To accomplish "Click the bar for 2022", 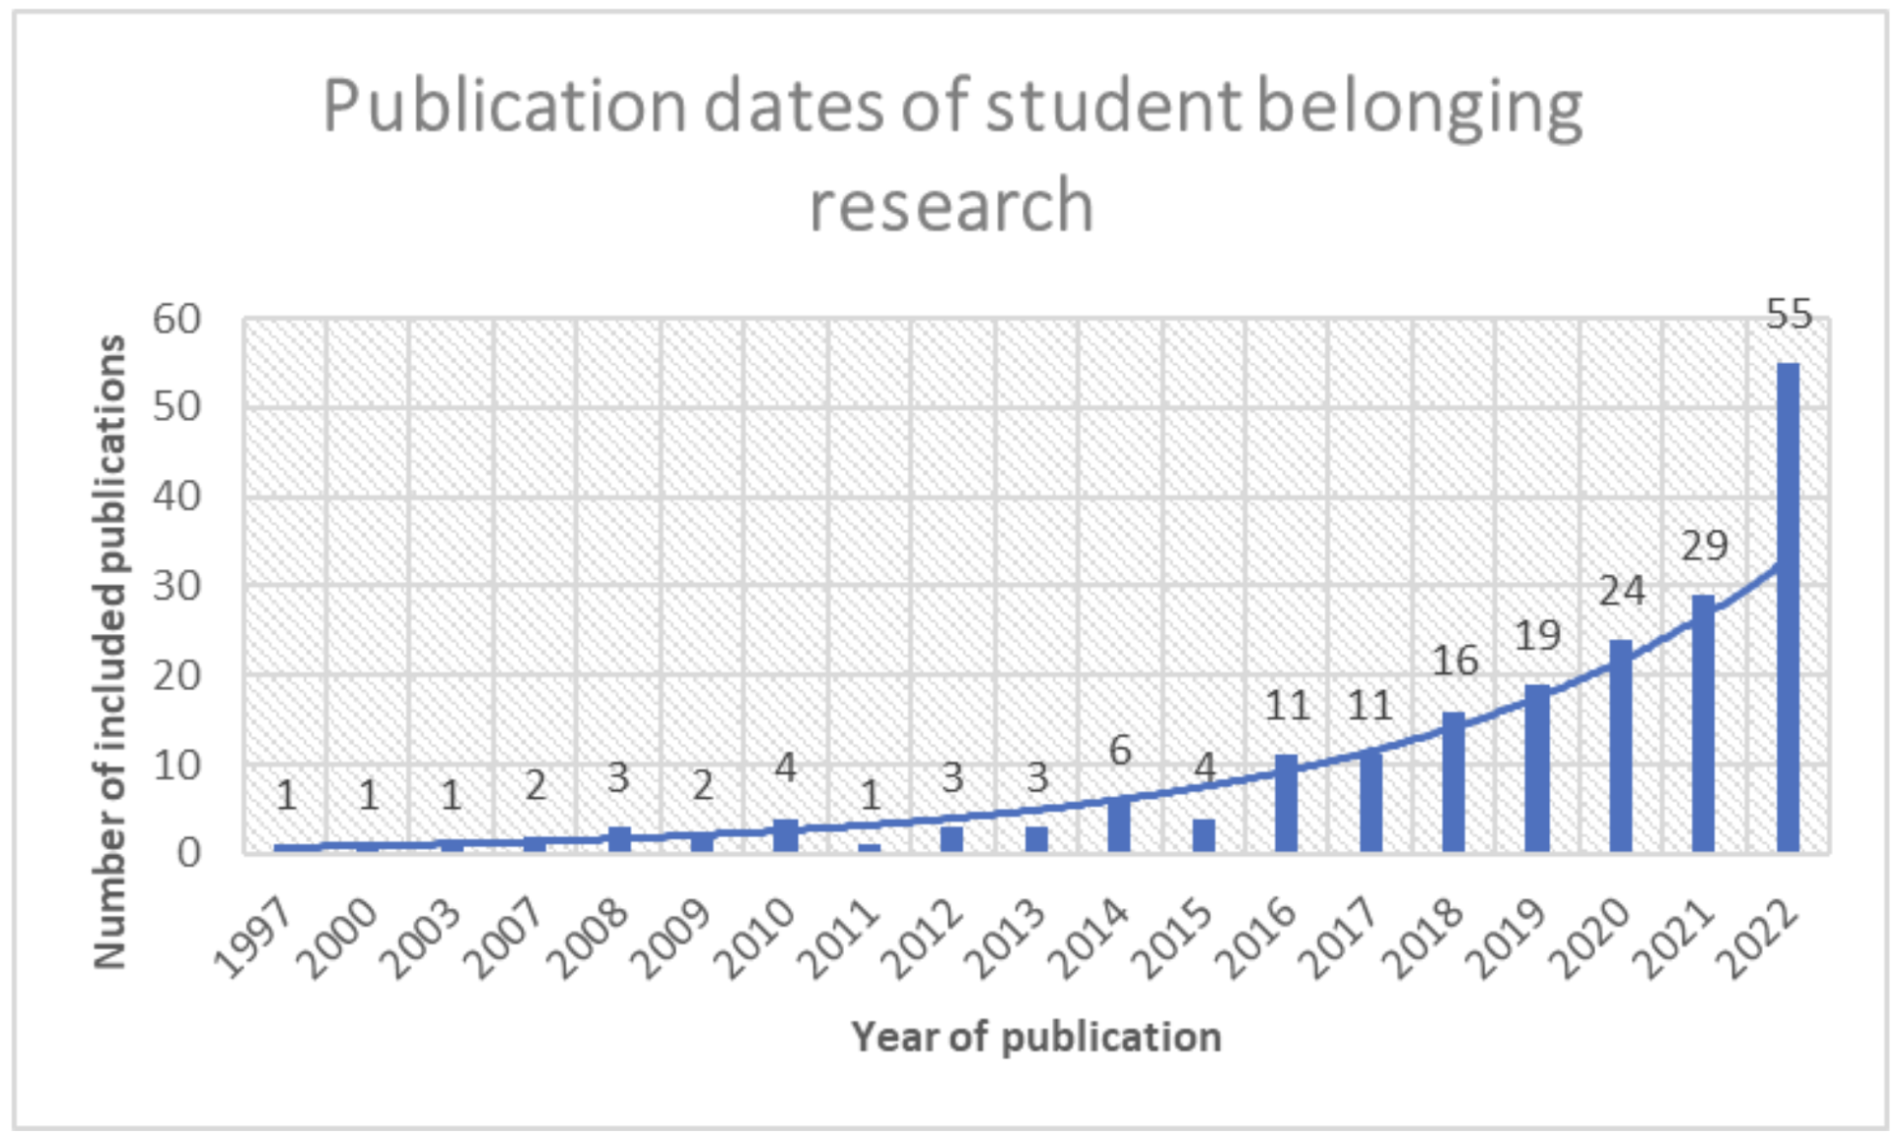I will (x=1788, y=606).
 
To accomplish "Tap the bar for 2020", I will (x=1621, y=746).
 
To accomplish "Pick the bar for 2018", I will (x=1453, y=781).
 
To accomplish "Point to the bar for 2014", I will (x=1119, y=825).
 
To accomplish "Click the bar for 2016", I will (x=1287, y=803).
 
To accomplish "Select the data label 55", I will (x=1789, y=315).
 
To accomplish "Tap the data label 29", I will (x=1705, y=545).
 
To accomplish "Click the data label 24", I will (x=1622, y=591).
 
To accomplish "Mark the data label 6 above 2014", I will (x=1120, y=750).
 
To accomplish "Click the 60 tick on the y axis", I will (x=176, y=319).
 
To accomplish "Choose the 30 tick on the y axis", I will (x=176, y=586).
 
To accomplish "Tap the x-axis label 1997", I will (x=254, y=938).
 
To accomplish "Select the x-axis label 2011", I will (x=839, y=938).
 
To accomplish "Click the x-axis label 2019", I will (x=1507, y=938).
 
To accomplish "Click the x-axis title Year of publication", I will (x=1036, y=1037).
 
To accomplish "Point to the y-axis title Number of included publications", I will (x=110, y=651).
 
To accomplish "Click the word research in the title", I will (x=951, y=205).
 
